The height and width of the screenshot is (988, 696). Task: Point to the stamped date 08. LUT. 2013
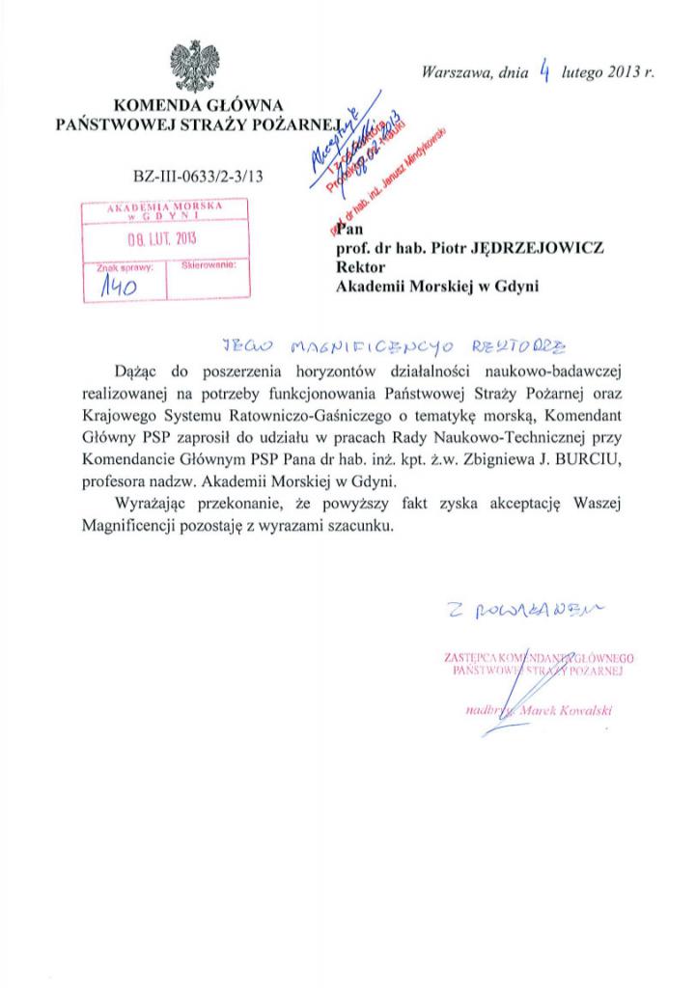point(163,240)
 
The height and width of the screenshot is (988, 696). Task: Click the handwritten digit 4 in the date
point(545,69)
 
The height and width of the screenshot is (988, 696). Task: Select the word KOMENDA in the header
point(153,105)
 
